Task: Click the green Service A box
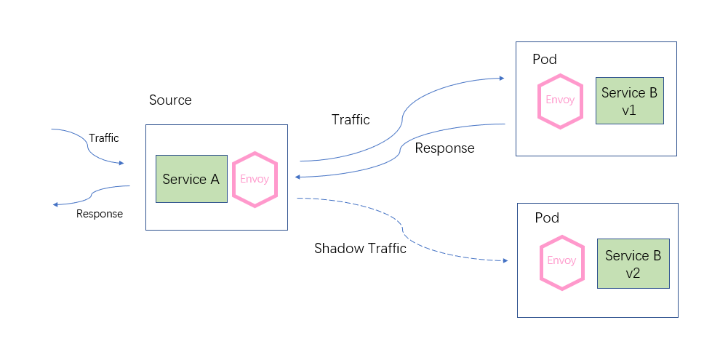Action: click(191, 179)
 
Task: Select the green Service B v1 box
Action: click(629, 100)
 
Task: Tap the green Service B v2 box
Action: click(633, 263)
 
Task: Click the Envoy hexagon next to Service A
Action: click(255, 179)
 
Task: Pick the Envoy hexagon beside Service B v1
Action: click(560, 100)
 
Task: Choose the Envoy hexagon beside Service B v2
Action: click(561, 261)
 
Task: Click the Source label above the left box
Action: click(170, 100)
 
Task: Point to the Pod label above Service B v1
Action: click(545, 60)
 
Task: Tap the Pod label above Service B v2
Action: click(547, 217)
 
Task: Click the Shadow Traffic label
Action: click(360, 249)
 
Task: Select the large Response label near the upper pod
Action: click(444, 148)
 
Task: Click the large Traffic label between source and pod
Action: click(351, 119)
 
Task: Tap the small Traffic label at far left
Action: click(103, 138)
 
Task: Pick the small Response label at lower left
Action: click(100, 214)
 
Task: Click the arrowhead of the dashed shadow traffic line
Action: click(503, 260)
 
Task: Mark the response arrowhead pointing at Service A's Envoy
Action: click(298, 177)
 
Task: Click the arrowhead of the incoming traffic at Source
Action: click(121, 163)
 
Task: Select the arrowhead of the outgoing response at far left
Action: click(56, 204)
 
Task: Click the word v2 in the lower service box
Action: click(633, 273)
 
